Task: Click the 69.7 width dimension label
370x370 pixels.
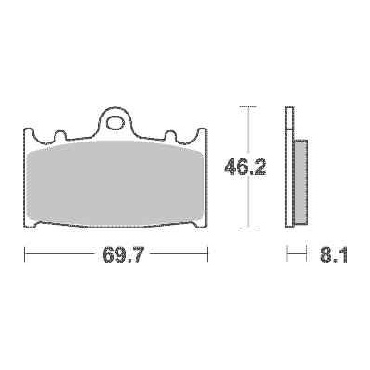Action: point(122,254)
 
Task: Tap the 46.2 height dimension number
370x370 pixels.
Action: point(245,167)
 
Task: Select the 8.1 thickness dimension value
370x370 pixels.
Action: point(333,255)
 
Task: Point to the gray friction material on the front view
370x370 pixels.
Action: point(116,184)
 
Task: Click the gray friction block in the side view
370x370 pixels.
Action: point(302,182)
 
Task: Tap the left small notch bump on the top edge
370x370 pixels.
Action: point(60,136)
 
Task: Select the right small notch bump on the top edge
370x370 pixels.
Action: point(170,136)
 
